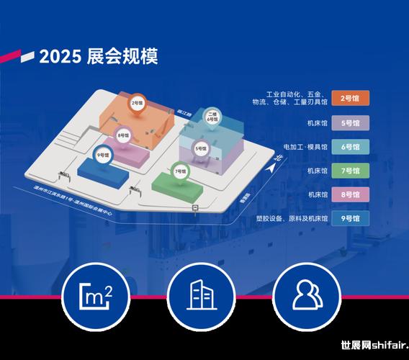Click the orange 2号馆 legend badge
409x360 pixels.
click(x=350, y=99)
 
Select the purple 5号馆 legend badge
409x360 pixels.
click(x=350, y=122)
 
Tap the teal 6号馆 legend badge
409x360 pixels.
click(x=350, y=147)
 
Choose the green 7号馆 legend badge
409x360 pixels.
click(x=350, y=171)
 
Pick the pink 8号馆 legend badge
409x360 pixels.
click(x=350, y=194)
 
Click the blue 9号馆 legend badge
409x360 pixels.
click(x=350, y=218)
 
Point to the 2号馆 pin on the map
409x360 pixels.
click(x=136, y=104)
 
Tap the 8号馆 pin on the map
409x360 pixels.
click(x=123, y=135)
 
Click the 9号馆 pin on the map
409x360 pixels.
click(x=103, y=154)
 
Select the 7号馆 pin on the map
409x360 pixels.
click(x=179, y=172)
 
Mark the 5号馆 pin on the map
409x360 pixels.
click(x=201, y=148)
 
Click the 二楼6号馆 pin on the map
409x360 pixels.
click(x=212, y=117)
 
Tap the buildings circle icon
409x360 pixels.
click(x=202, y=294)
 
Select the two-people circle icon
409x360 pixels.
click(x=306, y=294)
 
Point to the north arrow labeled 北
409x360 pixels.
click(x=274, y=161)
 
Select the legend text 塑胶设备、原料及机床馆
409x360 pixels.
click(x=292, y=218)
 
